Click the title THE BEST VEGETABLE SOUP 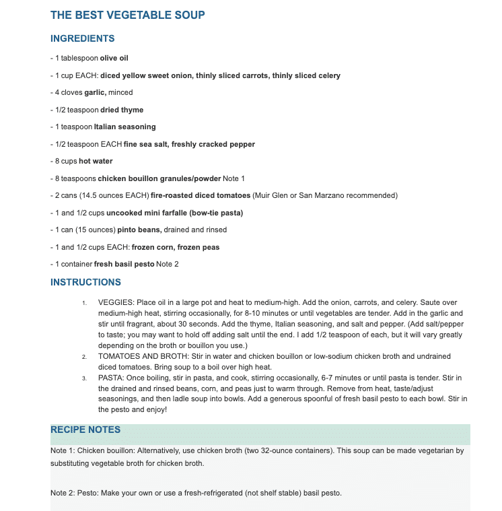[x=128, y=15]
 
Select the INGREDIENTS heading [x=83, y=38]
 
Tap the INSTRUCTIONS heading [x=85, y=282]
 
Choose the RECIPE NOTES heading [x=85, y=430]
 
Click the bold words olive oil [x=114, y=59]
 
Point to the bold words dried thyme [x=122, y=110]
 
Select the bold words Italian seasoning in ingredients [x=124, y=127]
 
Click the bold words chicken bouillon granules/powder [x=159, y=178]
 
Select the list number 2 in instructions [x=84, y=356]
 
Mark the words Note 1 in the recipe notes [x=63, y=451]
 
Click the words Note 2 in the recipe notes [x=63, y=493]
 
